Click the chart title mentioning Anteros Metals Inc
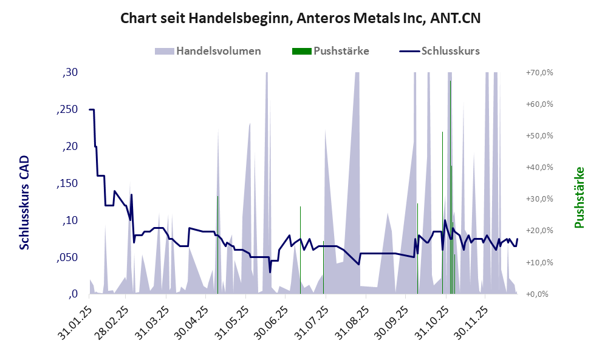pyautogui.click(x=301, y=19)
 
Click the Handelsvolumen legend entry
pyautogui.click(x=219, y=51)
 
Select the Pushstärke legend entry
pyautogui.click(x=341, y=51)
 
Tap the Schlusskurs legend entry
pyautogui.click(x=450, y=51)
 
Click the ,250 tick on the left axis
pyautogui.click(x=67, y=110)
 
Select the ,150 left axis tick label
pyautogui.click(x=67, y=184)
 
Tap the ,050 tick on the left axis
pyautogui.click(x=67, y=258)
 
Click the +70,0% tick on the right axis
pyautogui.click(x=539, y=73)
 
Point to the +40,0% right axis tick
pyautogui.click(x=539, y=168)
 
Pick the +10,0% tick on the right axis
pyautogui.click(x=539, y=263)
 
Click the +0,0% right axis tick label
pyautogui.click(x=541, y=294)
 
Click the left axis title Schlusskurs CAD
pyautogui.click(x=25, y=202)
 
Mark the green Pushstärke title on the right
pyautogui.click(x=579, y=198)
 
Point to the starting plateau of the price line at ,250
pyautogui.click(x=92, y=110)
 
